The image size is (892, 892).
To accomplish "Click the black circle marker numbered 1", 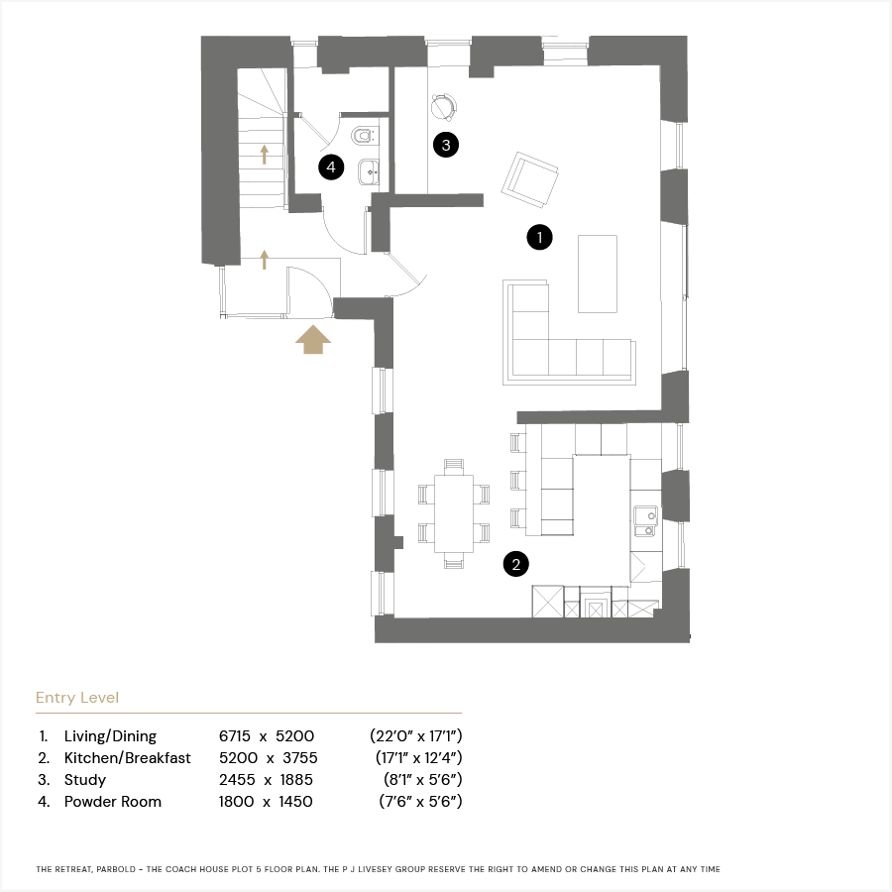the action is [x=539, y=237].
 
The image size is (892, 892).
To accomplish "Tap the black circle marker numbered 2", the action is [x=516, y=564].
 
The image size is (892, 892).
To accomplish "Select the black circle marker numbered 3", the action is [x=445, y=145].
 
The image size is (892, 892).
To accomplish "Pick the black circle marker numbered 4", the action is [x=331, y=167].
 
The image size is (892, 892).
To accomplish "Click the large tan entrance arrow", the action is [x=313, y=339].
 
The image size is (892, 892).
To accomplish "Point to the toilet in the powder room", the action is [x=363, y=136].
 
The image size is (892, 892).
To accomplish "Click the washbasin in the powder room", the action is [x=369, y=171].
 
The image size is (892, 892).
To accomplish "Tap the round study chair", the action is [x=444, y=107].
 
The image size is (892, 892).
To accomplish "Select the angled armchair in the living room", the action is [x=529, y=179].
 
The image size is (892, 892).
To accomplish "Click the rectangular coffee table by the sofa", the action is [x=598, y=274].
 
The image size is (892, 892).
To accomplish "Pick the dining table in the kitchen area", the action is [x=454, y=513].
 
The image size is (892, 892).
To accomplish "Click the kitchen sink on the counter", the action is [x=646, y=521].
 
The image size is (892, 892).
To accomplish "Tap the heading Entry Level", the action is [x=77, y=698].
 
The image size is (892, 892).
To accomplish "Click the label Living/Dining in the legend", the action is [x=110, y=736].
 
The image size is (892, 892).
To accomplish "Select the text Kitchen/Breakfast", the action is [x=128, y=758].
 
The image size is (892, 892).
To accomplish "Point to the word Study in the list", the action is [x=85, y=780].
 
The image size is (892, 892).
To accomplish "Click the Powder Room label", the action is [x=113, y=802].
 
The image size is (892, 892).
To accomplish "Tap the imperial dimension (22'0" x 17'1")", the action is [x=416, y=736].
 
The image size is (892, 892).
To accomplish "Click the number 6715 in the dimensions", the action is [x=234, y=736].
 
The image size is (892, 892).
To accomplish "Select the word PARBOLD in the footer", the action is [x=116, y=869].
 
